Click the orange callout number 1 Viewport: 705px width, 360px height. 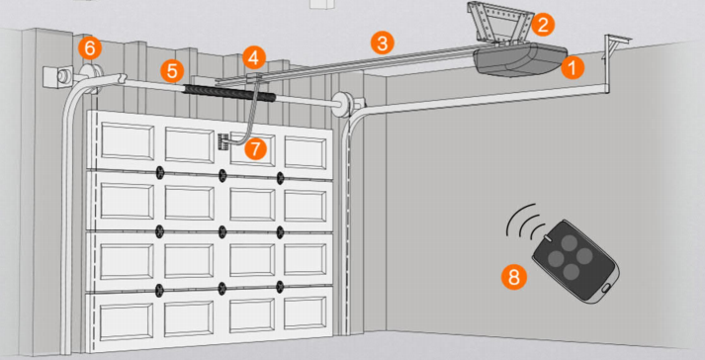click(x=573, y=67)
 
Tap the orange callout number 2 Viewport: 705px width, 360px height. click(x=543, y=25)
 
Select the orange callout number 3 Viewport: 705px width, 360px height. click(x=383, y=44)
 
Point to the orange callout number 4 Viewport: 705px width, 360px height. click(x=253, y=58)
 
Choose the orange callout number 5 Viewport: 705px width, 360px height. click(x=172, y=70)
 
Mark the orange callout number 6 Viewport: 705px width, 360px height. click(x=90, y=47)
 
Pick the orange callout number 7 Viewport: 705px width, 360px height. click(x=255, y=148)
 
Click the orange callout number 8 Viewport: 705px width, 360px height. click(x=514, y=277)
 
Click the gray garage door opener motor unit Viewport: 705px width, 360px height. click(x=519, y=59)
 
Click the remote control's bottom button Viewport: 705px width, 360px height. click(x=572, y=271)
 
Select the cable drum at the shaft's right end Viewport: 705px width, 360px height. click(x=342, y=105)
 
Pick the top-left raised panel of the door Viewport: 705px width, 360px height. click(x=128, y=140)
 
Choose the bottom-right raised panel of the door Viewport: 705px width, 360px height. click(x=306, y=314)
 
